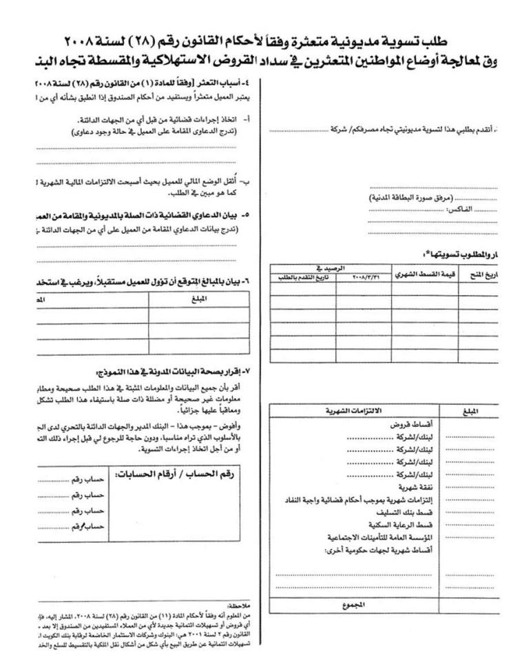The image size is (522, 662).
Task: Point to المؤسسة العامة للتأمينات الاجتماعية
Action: [x=377, y=538]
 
